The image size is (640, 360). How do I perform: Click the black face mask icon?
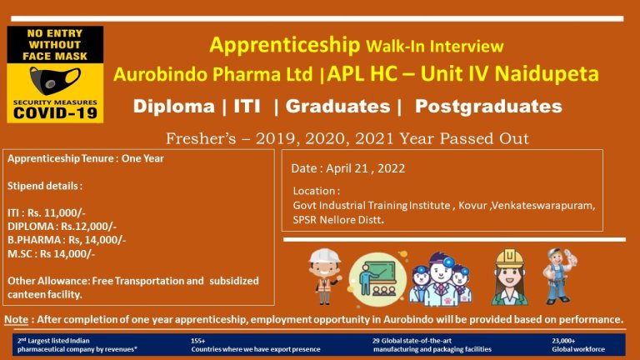(x=55, y=81)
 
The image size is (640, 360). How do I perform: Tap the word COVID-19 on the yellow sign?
(x=55, y=113)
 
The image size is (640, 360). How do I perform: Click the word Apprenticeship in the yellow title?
(x=284, y=45)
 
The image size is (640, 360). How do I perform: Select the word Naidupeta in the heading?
(x=547, y=74)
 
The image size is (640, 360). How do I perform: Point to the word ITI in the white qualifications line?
(x=247, y=106)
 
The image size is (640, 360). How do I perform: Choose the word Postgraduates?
(x=488, y=107)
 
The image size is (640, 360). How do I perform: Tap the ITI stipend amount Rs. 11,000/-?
(x=57, y=212)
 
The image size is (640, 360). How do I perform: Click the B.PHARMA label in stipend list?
(x=34, y=240)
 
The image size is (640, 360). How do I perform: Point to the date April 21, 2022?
(x=365, y=168)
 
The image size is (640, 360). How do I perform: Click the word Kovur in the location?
(x=472, y=205)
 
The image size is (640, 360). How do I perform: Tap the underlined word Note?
(x=17, y=319)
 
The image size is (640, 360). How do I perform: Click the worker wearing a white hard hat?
(x=325, y=277)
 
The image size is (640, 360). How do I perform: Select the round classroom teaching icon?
(x=377, y=280)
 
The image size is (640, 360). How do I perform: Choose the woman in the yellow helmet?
(x=509, y=277)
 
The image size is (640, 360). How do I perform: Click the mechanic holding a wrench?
(x=560, y=277)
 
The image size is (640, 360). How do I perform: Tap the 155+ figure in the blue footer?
(x=198, y=340)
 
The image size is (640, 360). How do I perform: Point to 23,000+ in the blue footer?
(x=563, y=340)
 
